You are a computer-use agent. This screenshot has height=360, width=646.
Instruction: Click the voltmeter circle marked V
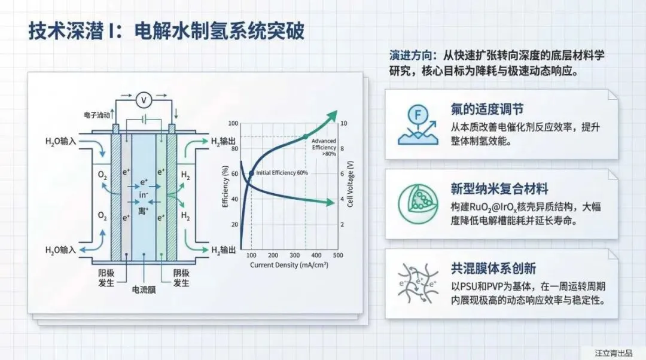[142, 99]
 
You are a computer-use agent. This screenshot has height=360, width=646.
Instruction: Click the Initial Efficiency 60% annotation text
[282, 173]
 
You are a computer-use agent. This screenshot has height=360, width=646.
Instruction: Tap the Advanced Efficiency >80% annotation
[324, 147]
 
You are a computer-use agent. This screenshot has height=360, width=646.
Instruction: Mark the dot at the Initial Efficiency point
[251, 173]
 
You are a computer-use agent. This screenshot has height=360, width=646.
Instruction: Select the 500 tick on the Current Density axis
[337, 255]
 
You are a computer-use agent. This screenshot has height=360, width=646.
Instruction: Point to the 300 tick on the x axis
[294, 255]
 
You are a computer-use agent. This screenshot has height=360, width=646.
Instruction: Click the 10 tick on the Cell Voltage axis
[343, 124]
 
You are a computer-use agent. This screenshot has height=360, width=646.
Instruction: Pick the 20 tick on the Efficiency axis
[234, 225]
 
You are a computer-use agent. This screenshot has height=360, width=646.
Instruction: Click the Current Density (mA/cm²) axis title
[288, 264]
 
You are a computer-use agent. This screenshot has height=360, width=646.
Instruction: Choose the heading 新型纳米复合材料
[499, 190]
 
